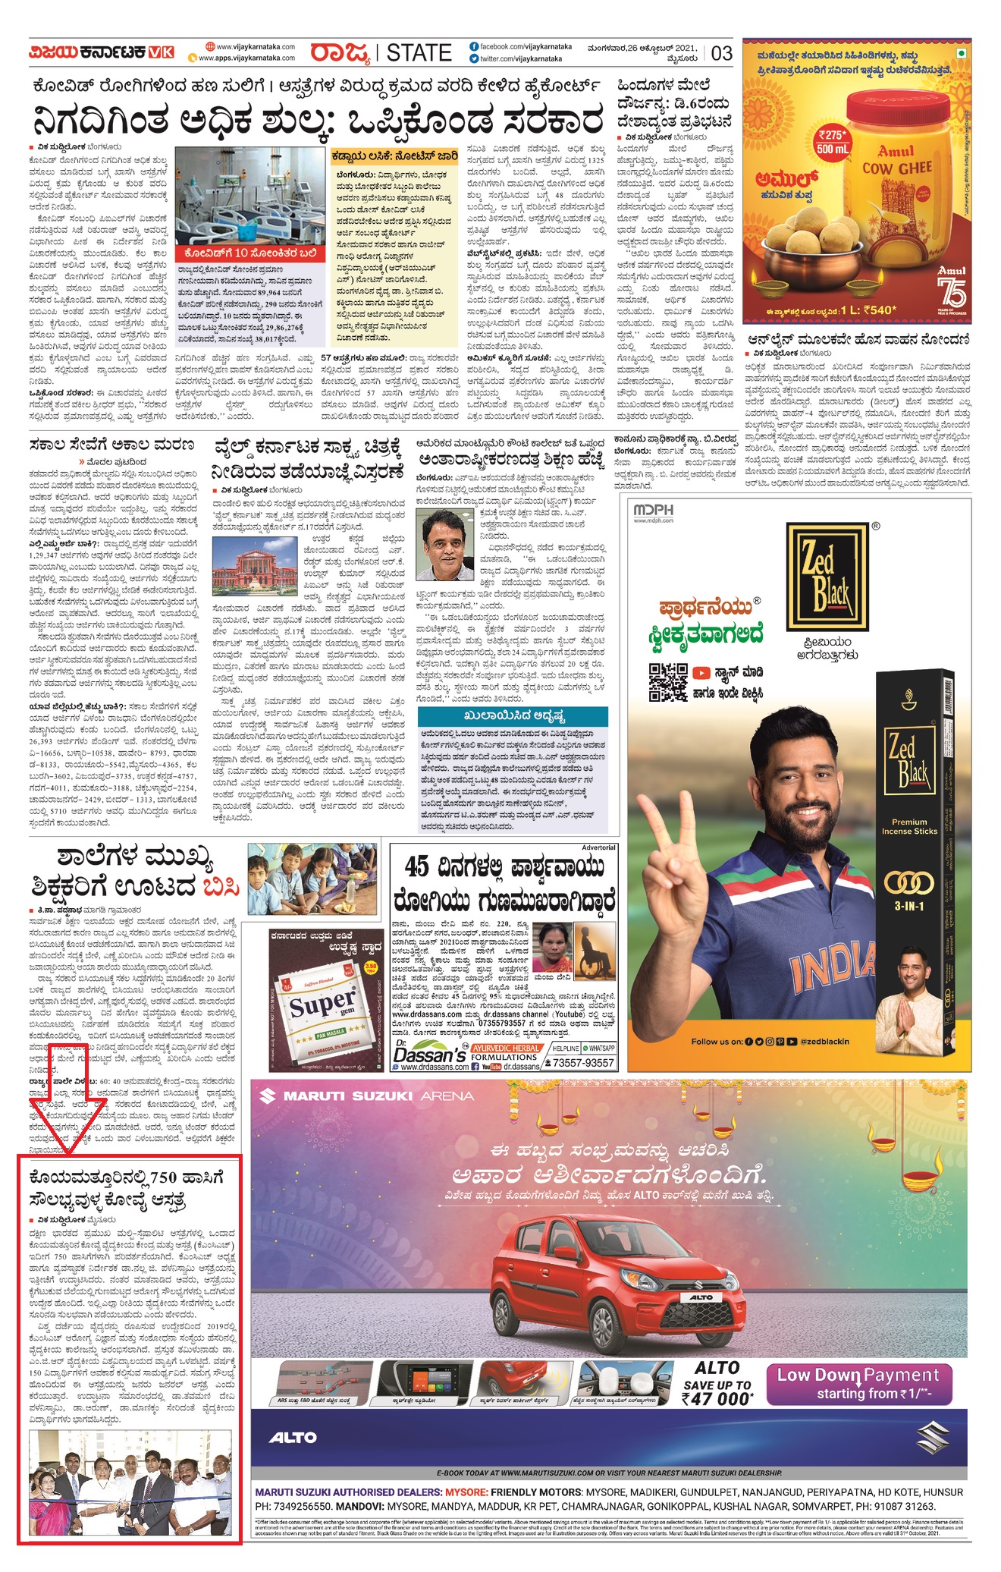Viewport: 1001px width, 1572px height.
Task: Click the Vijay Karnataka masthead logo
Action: click(x=102, y=52)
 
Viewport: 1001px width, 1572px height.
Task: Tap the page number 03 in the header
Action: click(x=721, y=53)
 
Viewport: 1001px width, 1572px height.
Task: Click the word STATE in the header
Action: click(x=419, y=53)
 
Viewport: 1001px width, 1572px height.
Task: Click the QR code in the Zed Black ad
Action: click(x=667, y=682)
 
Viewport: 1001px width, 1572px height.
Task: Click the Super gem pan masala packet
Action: click(x=323, y=1004)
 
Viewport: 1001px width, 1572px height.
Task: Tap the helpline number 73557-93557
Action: click(x=582, y=1063)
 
